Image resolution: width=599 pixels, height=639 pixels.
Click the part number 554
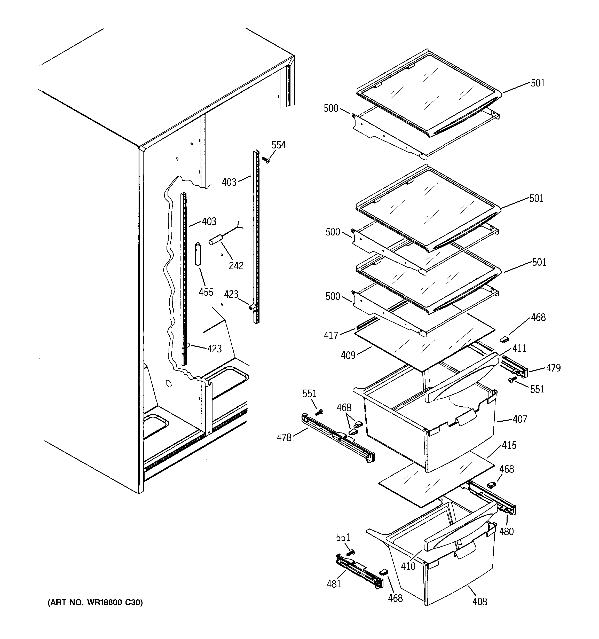278,145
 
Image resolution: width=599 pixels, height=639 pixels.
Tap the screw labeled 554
266,160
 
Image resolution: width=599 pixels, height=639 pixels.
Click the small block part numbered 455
198,254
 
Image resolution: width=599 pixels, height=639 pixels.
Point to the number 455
206,292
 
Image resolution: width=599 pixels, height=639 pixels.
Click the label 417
331,336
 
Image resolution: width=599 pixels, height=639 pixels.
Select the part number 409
348,355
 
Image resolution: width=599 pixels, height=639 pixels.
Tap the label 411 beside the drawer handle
519,348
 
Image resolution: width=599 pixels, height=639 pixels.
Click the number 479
553,368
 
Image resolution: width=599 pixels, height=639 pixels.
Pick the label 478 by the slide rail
284,437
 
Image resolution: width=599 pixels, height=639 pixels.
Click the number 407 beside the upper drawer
519,419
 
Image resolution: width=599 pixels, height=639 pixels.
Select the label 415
509,445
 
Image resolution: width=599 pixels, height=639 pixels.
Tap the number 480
506,532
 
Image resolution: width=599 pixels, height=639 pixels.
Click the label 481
334,584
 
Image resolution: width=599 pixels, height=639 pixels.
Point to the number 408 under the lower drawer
480,601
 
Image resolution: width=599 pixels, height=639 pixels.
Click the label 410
408,566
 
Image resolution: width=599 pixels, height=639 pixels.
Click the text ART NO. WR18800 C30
95,602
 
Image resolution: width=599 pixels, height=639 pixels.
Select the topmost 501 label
538,83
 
